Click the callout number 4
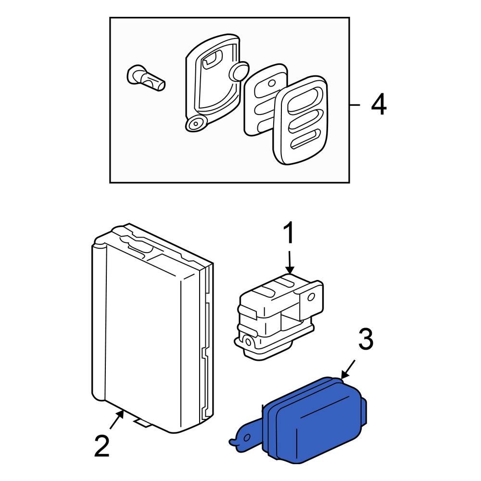(379, 104)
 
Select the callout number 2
(102, 447)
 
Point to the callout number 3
(365, 340)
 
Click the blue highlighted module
(313, 418)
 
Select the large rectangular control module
(144, 332)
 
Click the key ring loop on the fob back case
(195, 124)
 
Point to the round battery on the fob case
(239, 72)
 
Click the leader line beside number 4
(355, 104)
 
